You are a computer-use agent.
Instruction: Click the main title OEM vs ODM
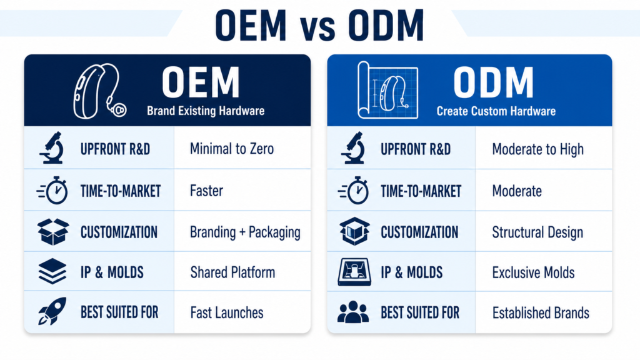coord(319,25)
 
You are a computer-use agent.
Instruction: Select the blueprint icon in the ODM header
coord(387,90)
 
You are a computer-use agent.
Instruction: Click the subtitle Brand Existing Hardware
coord(206,111)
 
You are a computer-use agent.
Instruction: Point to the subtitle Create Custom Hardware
coord(496,111)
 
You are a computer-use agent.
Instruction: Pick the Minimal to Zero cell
coord(232,149)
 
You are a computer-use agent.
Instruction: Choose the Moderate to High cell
coord(538,149)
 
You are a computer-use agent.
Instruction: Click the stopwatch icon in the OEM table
coord(53,190)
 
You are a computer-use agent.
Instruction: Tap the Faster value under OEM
coord(206,191)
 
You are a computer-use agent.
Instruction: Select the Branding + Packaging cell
coord(245,232)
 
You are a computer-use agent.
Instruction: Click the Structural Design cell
coord(537,232)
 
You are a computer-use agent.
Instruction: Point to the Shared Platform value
coord(232,272)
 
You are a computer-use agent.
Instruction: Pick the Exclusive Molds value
coord(534,272)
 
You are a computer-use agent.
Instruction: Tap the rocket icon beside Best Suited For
coord(52,311)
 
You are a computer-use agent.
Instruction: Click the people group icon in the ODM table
coord(354,312)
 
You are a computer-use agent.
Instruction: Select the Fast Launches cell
coord(227,312)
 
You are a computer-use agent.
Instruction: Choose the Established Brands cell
coord(541,313)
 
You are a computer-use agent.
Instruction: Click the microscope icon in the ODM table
coord(354,147)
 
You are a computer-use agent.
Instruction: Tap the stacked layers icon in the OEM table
coord(52,271)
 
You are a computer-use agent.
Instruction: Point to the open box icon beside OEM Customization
coord(53,231)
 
